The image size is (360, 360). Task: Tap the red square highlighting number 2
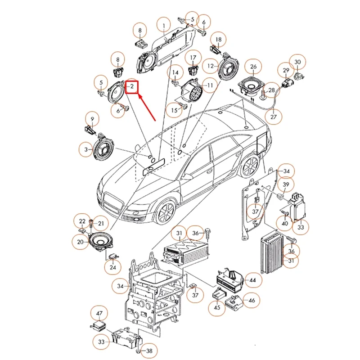tap(133, 85)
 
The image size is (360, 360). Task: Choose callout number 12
tap(210, 66)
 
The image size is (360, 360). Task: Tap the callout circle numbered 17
tap(193, 58)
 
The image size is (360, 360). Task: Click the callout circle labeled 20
tap(80, 242)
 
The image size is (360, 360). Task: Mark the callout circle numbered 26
tap(253, 68)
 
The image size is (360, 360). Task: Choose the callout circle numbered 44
tap(252, 280)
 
